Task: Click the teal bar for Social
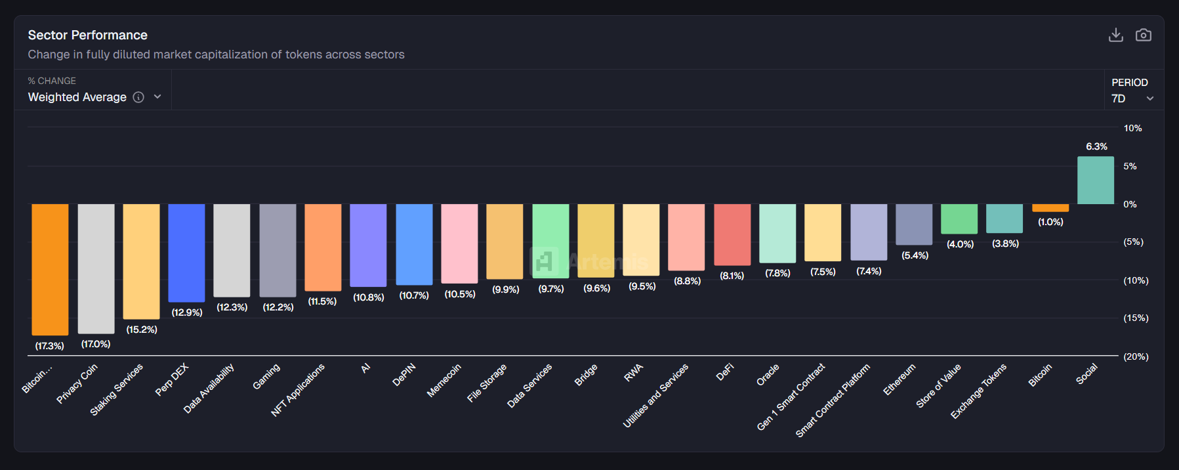(x=1095, y=181)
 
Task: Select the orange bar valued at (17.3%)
(x=50, y=269)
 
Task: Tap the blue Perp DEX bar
(x=186, y=253)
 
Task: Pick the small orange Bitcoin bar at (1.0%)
(x=1050, y=208)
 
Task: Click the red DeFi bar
(x=732, y=234)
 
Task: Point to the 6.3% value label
(x=1096, y=146)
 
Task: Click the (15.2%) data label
(x=142, y=330)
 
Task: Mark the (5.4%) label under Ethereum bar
(x=915, y=255)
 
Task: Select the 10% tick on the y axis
(x=1132, y=128)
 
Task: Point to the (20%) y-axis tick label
(x=1136, y=356)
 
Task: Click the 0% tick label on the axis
(x=1130, y=204)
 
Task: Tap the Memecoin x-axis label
(x=444, y=381)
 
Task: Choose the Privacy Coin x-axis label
(x=77, y=383)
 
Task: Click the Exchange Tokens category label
(x=978, y=391)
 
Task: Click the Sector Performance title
(x=87, y=35)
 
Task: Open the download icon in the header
(x=1115, y=35)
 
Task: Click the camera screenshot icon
(x=1143, y=35)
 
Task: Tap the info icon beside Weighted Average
(x=138, y=97)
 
